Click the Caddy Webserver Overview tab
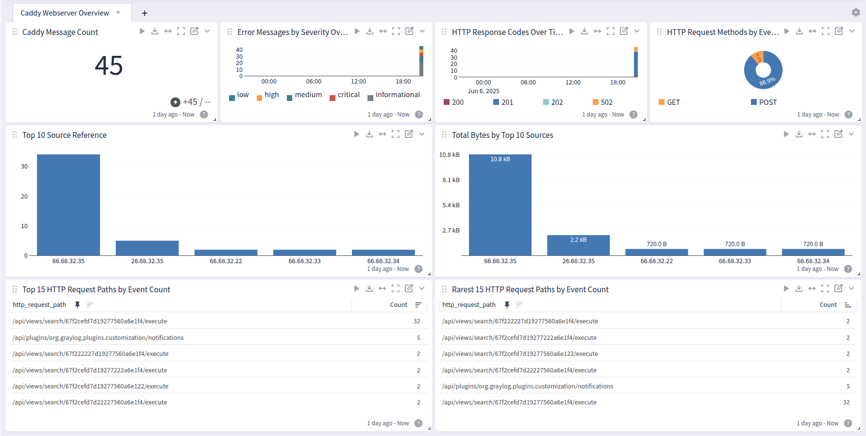(65, 13)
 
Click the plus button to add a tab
(144, 13)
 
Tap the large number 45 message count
(109, 66)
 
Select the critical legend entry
(348, 95)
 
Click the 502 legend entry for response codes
(606, 102)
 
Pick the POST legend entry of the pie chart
(767, 102)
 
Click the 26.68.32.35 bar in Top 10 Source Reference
(147, 248)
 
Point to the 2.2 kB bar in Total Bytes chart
(578, 245)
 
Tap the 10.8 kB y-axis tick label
(449, 155)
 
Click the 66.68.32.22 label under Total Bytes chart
(656, 261)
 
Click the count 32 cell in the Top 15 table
(416, 321)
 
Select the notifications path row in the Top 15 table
(98, 338)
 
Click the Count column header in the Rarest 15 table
(828, 305)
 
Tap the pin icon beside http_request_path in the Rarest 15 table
(507, 305)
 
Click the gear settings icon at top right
(855, 12)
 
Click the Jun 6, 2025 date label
(483, 91)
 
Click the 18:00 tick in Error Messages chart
(403, 82)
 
